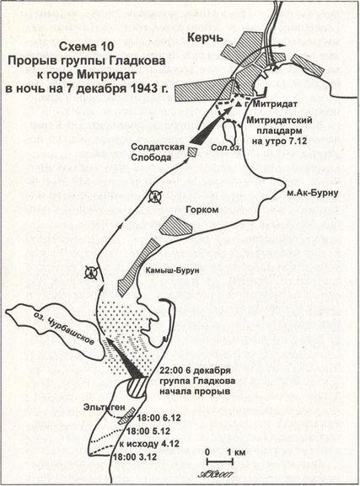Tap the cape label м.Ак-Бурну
[x=312, y=190]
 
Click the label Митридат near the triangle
[x=273, y=104]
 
